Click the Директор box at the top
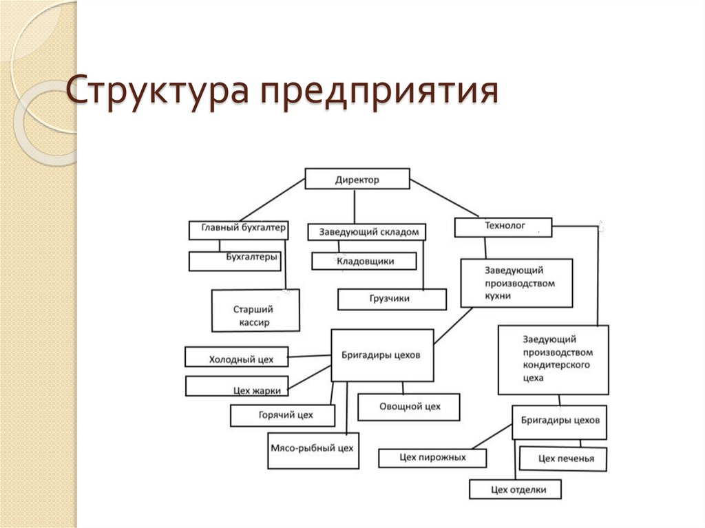357,180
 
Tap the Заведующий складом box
367,232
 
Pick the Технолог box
503,226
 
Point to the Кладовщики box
364,261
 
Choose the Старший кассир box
255,311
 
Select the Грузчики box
392,299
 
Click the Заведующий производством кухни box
516,283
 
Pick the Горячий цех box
283,416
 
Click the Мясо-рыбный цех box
313,449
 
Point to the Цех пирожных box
432,458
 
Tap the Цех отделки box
515,489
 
